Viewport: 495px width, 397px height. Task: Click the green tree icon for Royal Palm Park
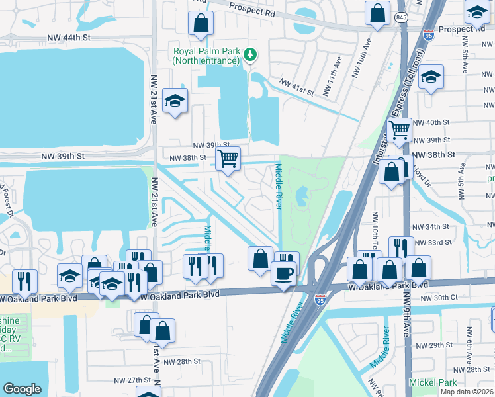click(x=249, y=54)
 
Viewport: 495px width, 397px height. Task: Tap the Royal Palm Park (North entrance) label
click(x=205, y=56)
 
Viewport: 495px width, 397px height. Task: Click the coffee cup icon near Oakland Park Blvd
click(x=284, y=273)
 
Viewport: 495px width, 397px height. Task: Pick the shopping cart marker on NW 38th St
click(x=228, y=158)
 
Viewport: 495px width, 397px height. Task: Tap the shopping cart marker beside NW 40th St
click(x=400, y=130)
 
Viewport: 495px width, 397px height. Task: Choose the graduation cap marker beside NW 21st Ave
click(x=175, y=101)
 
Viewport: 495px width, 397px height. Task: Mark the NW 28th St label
click(x=181, y=361)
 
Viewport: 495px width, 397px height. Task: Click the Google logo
click(x=22, y=389)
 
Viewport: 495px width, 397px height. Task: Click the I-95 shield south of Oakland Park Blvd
click(x=320, y=300)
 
